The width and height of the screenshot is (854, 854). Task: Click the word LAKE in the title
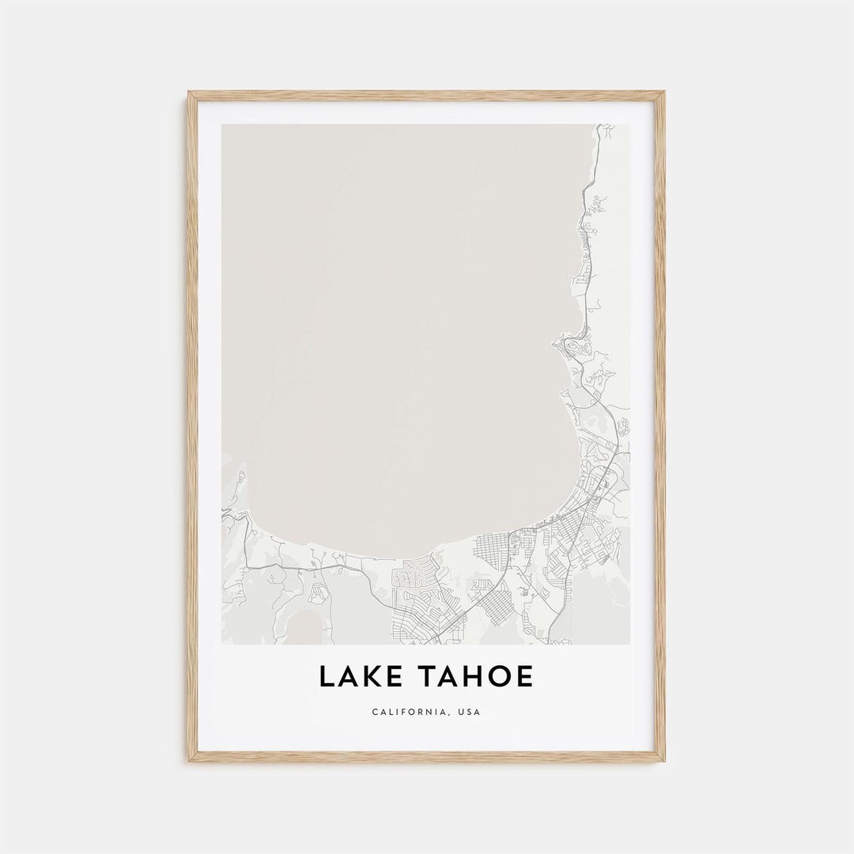[361, 677]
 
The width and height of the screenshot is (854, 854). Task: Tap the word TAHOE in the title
[476, 677]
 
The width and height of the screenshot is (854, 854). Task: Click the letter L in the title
[327, 677]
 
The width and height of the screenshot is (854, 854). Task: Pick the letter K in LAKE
[375, 677]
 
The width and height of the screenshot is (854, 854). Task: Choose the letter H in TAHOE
[475, 677]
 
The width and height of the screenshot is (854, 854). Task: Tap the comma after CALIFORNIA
[446, 714]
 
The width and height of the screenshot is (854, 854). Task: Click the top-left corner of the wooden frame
[190, 93]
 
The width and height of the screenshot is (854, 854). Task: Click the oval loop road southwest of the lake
[318, 592]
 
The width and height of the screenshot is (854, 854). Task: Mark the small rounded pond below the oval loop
[304, 625]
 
